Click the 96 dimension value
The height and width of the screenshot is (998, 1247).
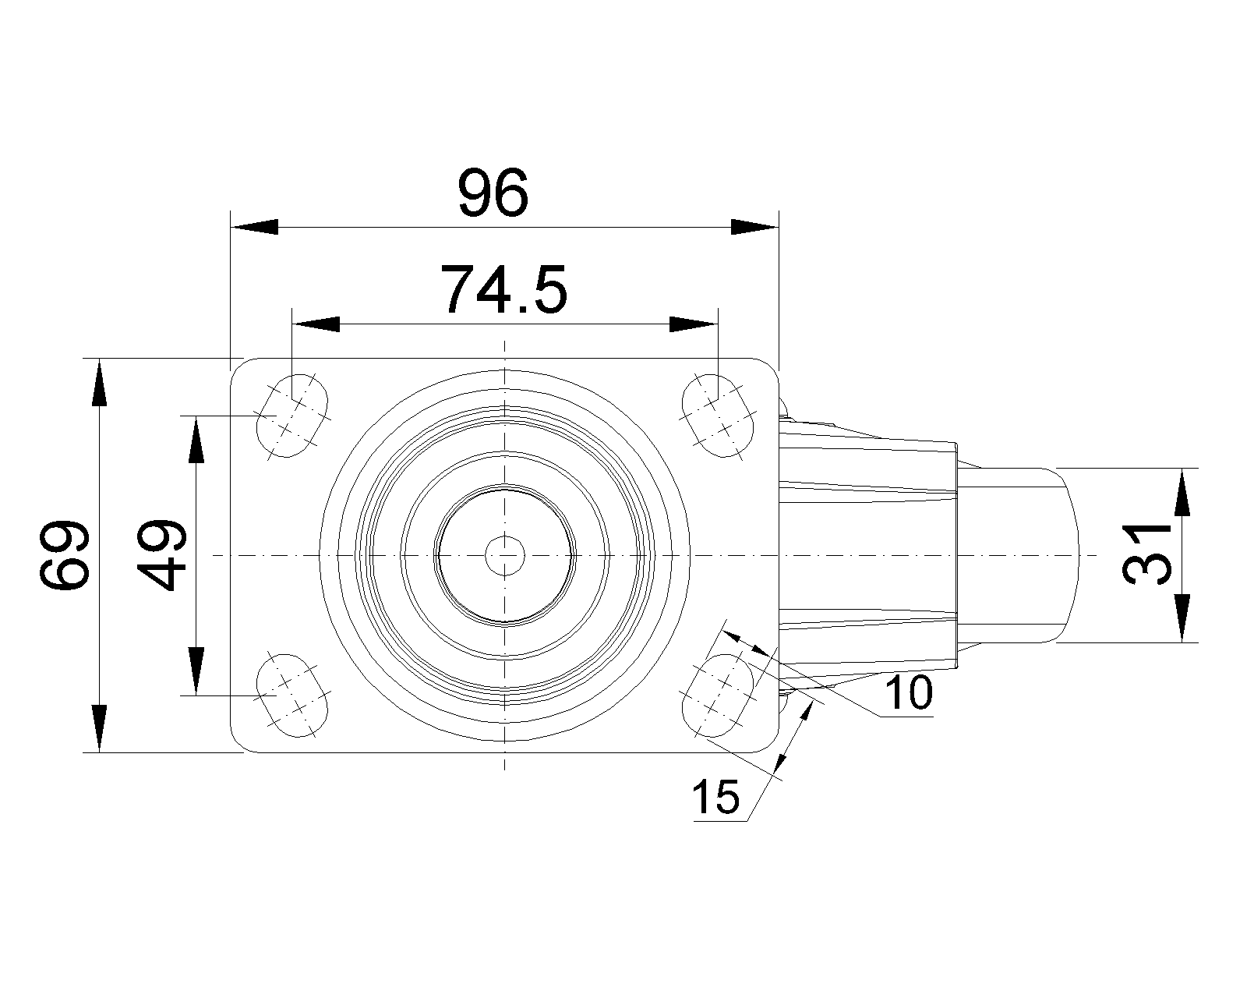(493, 193)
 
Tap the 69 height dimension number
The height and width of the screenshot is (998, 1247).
(64, 555)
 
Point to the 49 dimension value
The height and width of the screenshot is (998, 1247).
(161, 555)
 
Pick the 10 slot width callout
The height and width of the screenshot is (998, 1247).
(909, 692)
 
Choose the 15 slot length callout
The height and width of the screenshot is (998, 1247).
(715, 797)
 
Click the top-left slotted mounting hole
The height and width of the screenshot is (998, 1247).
(292, 416)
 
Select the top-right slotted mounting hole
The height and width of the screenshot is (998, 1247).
(718, 416)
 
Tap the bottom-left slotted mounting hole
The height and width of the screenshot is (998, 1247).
(292, 695)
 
